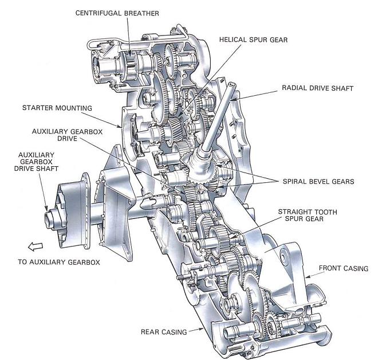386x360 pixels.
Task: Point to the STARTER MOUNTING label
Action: tap(57, 107)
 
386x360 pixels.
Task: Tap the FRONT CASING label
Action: tap(343, 268)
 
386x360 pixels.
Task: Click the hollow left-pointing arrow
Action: tap(34, 246)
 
